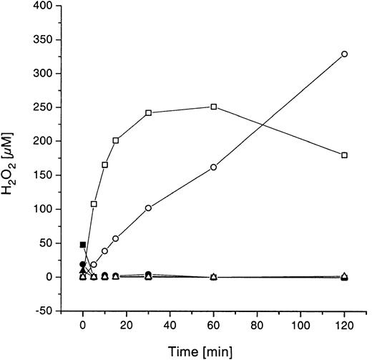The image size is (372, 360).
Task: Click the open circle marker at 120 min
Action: (345, 54)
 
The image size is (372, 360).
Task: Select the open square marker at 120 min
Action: (345, 155)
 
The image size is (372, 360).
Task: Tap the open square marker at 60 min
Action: (214, 107)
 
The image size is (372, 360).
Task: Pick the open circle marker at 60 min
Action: (214, 167)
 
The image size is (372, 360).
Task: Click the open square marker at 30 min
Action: (148, 113)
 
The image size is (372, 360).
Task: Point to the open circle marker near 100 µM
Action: (148, 208)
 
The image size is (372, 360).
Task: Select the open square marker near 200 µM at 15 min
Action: (116, 140)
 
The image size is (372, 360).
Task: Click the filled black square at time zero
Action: (83, 245)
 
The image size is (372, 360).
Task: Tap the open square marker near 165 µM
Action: (105, 165)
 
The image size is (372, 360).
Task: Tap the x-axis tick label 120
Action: (345, 325)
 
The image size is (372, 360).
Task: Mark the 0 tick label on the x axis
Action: (83, 325)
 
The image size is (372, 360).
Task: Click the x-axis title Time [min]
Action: (214, 350)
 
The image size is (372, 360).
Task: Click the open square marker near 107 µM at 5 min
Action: (94, 204)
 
